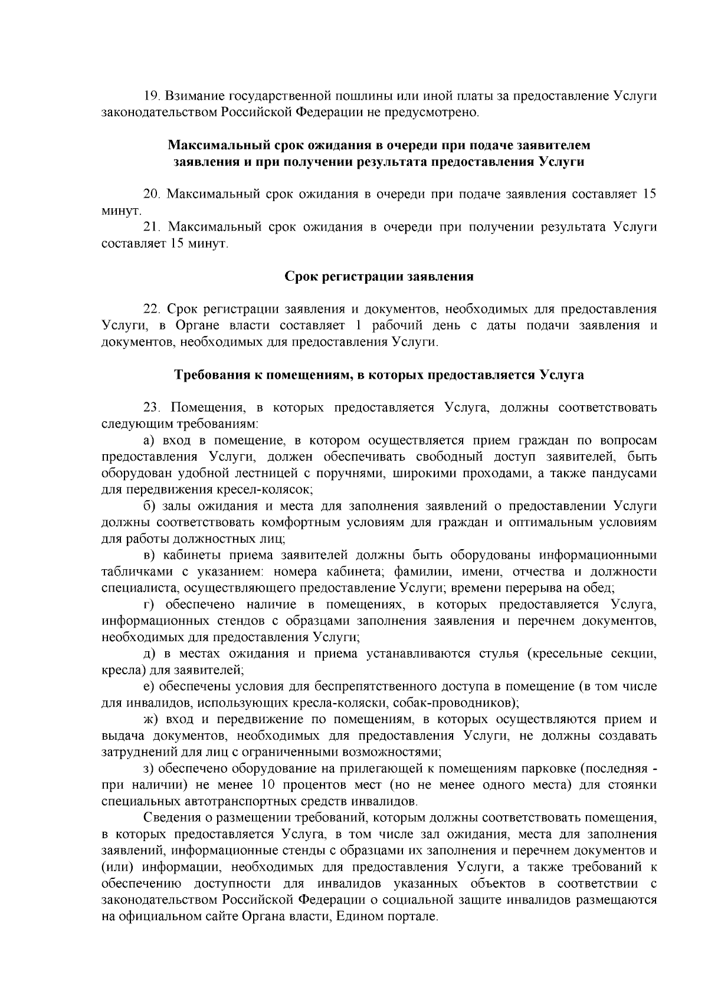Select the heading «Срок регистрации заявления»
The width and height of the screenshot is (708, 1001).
(x=379, y=276)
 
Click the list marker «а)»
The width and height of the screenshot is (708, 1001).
(x=150, y=441)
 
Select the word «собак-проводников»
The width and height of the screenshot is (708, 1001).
(x=466, y=703)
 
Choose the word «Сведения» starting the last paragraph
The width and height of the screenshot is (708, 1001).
(x=171, y=818)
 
